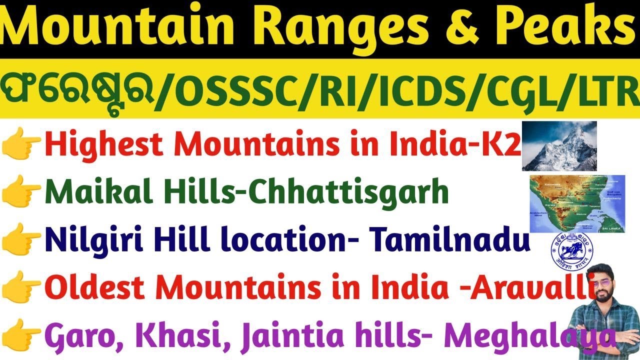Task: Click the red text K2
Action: click(x=502, y=145)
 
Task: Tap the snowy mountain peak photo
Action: click(x=559, y=146)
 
